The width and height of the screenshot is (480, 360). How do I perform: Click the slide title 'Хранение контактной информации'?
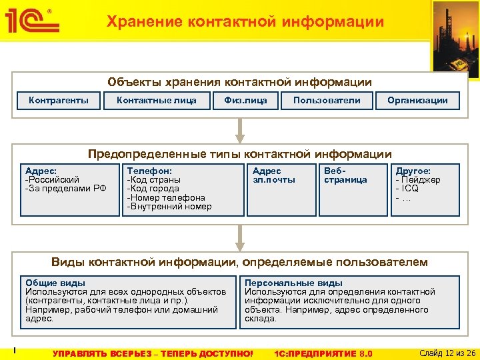click(x=245, y=22)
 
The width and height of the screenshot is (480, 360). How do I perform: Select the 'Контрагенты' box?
click(x=59, y=101)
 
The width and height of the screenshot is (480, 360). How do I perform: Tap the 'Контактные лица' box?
click(x=157, y=101)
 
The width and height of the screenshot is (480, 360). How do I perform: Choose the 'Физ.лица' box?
click(x=245, y=101)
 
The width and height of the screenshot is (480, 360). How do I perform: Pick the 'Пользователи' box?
click(x=327, y=101)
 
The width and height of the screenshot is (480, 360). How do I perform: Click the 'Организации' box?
click(x=417, y=101)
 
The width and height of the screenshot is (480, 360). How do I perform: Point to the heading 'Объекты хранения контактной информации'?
click(x=240, y=82)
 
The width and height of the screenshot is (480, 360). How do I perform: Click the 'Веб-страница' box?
click(x=351, y=189)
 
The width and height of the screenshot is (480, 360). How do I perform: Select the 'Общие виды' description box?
click(x=127, y=301)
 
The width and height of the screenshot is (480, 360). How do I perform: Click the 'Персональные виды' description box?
click(x=350, y=301)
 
